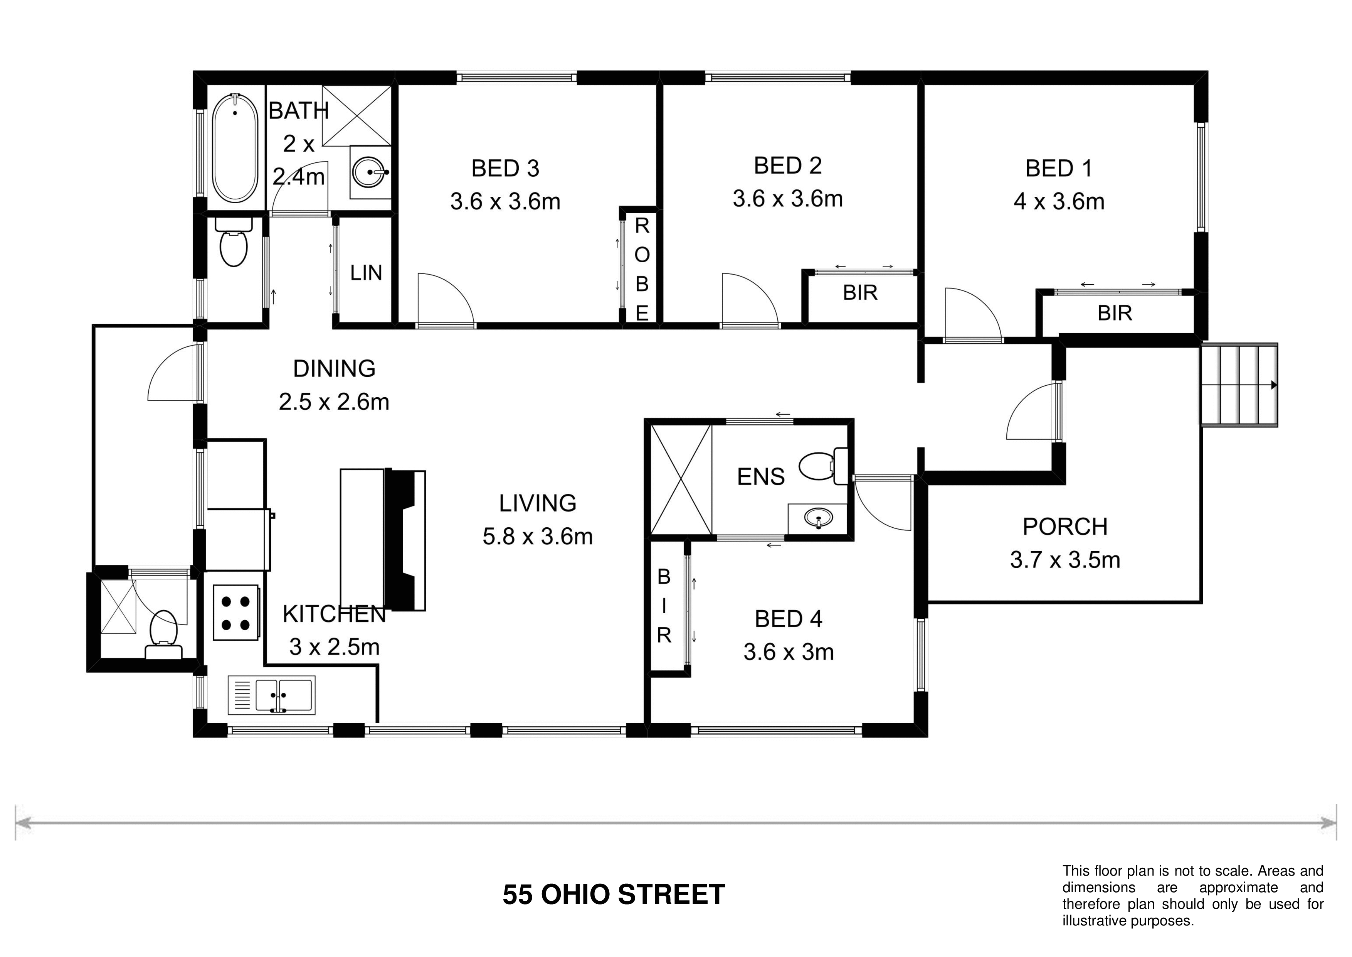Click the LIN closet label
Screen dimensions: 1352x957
pyautogui.click(x=366, y=273)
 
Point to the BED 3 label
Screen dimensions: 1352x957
pyautogui.click(x=505, y=169)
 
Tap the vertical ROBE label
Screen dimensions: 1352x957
pyautogui.click(x=642, y=269)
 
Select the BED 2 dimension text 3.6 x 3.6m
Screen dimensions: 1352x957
pyautogui.click(x=787, y=199)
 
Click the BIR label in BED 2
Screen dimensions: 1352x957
pyautogui.click(x=860, y=293)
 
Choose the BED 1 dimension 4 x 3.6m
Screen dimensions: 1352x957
pyautogui.click(x=1059, y=201)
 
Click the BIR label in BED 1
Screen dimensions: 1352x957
pyautogui.click(x=1115, y=313)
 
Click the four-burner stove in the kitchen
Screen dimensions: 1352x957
pyautogui.click(x=235, y=612)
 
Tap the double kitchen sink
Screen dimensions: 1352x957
pyautogui.click(x=271, y=695)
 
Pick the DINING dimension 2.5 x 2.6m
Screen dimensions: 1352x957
pyautogui.click(x=334, y=402)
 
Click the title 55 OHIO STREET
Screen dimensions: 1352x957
pyautogui.click(x=614, y=895)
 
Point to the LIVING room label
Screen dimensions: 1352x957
pyautogui.click(x=538, y=503)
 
